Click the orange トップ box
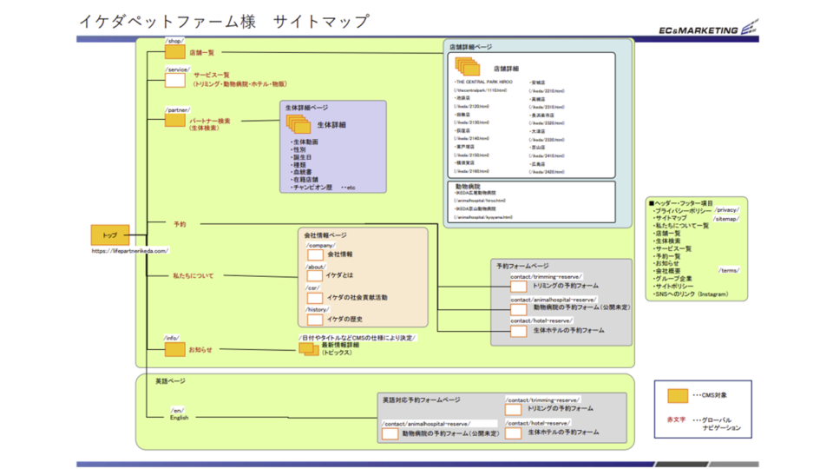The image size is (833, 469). tap(110, 235)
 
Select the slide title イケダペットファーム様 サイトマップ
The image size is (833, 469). tap(223, 22)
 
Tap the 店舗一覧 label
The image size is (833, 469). tap(202, 53)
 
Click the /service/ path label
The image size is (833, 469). tap(177, 69)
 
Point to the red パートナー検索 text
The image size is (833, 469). tap(210, 121)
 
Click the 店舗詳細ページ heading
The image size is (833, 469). tap(470, 46)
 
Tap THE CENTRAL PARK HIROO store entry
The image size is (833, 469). tap(484, 82)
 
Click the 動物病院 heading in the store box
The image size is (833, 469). tap(469, 186)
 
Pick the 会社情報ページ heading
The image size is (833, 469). tap(325, 234)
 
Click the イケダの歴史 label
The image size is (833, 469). tap(344, 319)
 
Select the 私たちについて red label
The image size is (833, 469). tap(193, 275)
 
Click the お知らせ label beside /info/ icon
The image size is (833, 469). tap(200, 349)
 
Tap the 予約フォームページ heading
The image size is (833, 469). tap(522, 265)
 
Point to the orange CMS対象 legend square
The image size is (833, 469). tap(678, 396)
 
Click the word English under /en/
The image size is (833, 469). tap(179, 418)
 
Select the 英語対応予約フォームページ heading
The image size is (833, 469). tap(421, 400)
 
